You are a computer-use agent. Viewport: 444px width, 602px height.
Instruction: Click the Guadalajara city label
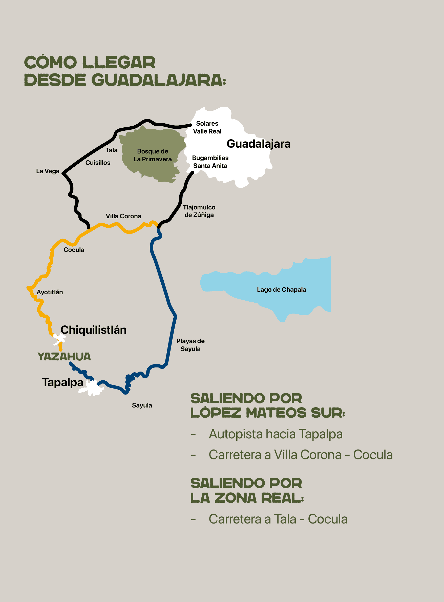pos(258,144)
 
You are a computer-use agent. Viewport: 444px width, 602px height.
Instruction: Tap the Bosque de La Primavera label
pos(152,155)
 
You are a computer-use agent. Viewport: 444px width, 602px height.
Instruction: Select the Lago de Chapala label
pos(281,290)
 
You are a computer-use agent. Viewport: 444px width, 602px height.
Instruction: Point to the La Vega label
pos(48,171)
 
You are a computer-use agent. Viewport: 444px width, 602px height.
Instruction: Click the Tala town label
pos(112,150)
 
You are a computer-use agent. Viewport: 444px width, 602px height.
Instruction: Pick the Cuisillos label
pos(98,163)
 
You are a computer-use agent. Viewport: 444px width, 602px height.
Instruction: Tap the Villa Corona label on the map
pos(123,216)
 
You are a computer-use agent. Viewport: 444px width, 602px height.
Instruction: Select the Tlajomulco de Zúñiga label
pos(199,211)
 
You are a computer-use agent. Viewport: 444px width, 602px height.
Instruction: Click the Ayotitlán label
pos(50,292)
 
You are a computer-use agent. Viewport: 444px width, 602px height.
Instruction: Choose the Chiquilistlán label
pos(93,330)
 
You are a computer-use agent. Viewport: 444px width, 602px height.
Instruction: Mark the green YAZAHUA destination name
pos(64,357)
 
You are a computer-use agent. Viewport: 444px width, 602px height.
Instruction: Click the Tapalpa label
pos(63,382)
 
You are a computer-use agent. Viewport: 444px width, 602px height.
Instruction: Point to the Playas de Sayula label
pos(190,345)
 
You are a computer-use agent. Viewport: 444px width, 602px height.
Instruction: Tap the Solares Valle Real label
pos(207,127)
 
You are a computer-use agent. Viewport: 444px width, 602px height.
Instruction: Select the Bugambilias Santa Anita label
pos(210,162)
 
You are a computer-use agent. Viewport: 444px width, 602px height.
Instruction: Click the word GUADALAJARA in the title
pos(158,80)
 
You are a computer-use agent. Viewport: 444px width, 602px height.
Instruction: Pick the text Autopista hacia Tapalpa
pos(276,434)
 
